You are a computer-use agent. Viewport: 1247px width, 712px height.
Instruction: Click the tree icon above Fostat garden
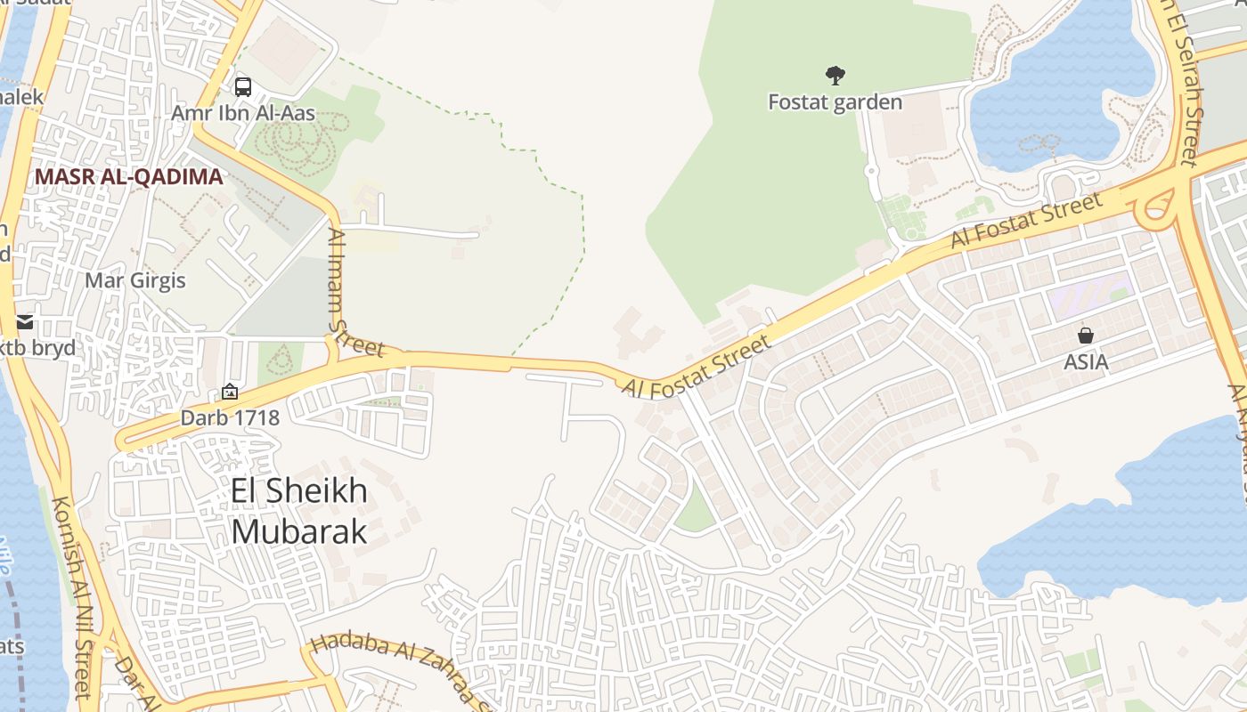click(835, 75)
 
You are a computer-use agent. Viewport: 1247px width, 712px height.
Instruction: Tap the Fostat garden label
click(835, 102)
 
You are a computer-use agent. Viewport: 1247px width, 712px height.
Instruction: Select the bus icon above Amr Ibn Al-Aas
click(243, 87)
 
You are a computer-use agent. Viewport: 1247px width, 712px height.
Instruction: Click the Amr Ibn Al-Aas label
click(243, 114)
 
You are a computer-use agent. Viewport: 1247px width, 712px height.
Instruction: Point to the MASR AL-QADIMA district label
click(128, 176)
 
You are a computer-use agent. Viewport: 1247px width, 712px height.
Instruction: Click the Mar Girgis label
click(135, 281)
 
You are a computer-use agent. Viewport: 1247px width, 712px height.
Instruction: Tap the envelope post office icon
click(25, 321)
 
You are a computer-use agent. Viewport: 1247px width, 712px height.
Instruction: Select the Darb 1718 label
click(230, 417)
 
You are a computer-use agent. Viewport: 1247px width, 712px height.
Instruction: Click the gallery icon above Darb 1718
click(230, 392)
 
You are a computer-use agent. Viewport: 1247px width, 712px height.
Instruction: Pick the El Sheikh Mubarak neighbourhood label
click(298, 511)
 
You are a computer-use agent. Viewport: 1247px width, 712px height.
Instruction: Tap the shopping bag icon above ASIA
click(1086, 336)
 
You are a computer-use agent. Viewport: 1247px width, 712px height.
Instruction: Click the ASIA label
click(1086, 362)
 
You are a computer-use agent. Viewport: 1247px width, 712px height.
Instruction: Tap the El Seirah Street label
click(1189, 89)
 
